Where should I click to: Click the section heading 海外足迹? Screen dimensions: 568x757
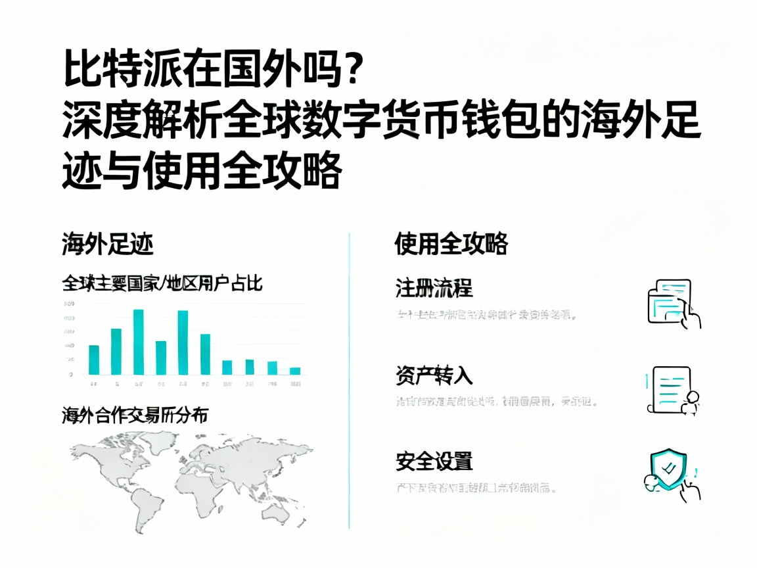(x=108, y=245)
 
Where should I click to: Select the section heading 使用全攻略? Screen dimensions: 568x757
(x=451, y=244)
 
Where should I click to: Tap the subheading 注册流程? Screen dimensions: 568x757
(x=434, y=287)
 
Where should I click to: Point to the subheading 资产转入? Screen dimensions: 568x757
(x=434, y=375)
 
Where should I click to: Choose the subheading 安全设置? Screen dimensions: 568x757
(x=434, y=461)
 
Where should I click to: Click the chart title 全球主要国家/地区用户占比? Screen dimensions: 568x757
(x=162, y=283)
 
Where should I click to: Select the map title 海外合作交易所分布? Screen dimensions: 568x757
(x=135, y=415)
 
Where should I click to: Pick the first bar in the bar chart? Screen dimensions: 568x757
(x=94, y=359)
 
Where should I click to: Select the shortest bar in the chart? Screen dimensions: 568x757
(x=295, y=371)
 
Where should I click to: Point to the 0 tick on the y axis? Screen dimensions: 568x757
(x=70, y=374)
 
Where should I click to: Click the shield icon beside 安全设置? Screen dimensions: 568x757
(x=668, y=469)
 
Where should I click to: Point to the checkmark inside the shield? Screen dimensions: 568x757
(x=669, y=468)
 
